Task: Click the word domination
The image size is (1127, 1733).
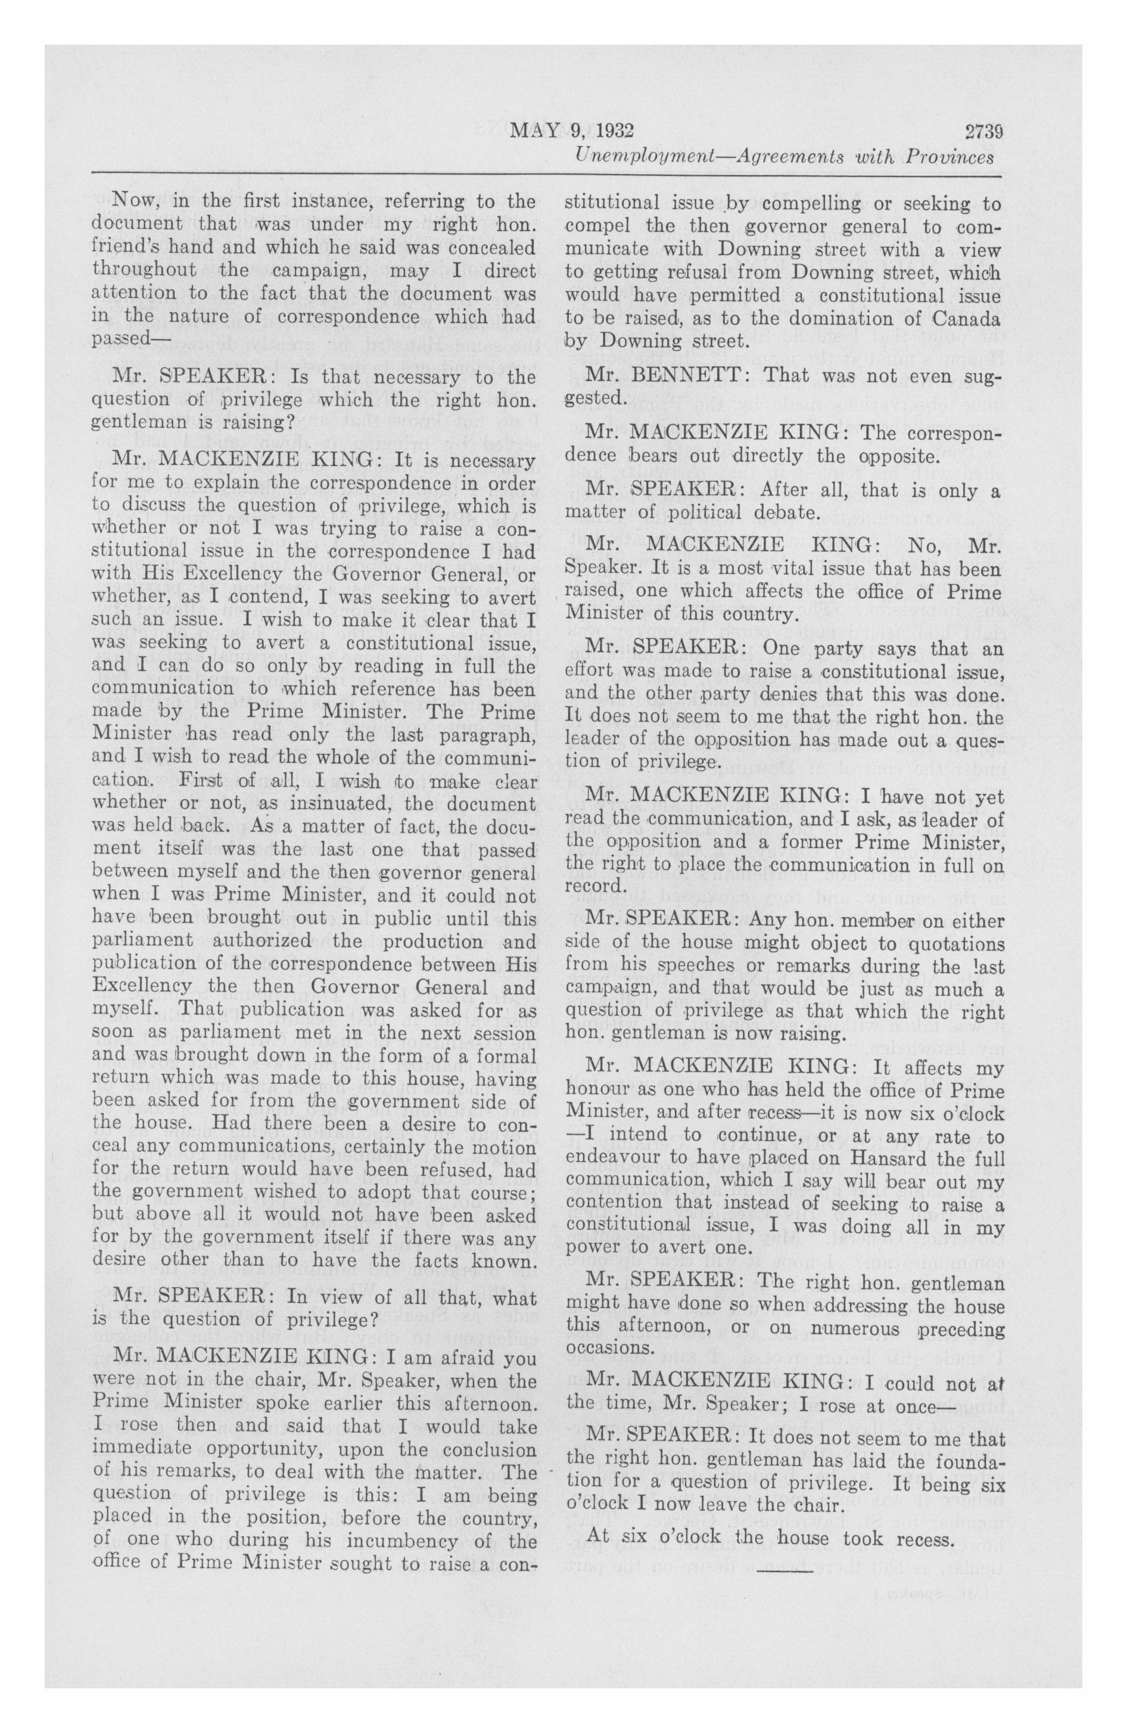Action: (828, 318)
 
